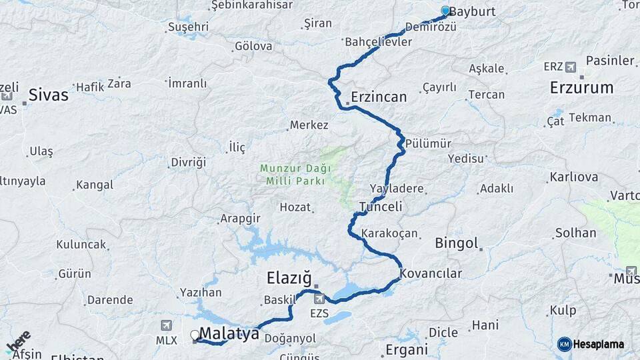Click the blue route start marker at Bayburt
point(445,11)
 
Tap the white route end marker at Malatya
point(195,335)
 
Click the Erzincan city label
point(379,97)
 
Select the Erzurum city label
point(581,87)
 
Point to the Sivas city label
point(49,95)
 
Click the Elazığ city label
point(289,277)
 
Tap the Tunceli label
point(381,207)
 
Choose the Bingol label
point(457,243)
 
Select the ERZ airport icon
point(571,67)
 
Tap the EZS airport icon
point(319,299)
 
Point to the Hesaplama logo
point(591,344)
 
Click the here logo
point(18,341)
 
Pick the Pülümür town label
point(428,144)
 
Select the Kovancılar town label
point(431,273)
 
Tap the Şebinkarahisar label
point(251,5)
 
